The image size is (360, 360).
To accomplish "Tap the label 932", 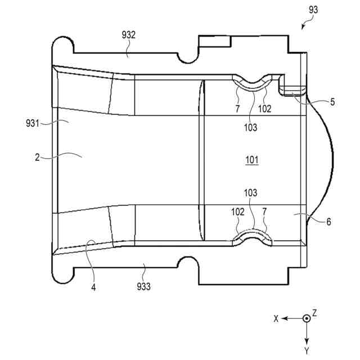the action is (128, 35).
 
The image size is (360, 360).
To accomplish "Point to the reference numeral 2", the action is (37, 158).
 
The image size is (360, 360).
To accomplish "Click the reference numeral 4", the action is (93, 287).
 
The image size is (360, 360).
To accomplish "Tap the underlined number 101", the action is (251, 160).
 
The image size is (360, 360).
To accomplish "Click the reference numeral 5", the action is (332, 102).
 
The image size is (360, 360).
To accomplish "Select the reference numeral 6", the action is (328, 221).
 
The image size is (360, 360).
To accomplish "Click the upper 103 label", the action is (251, 128).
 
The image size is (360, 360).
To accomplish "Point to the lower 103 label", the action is (251, 193).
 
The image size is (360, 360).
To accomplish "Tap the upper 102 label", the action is (265, 109).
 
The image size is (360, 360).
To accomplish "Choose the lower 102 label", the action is (238, 213).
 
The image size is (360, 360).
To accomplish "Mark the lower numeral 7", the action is (265, 213).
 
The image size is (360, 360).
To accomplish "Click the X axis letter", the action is (276, 318).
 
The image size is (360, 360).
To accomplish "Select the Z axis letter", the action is (315, 313).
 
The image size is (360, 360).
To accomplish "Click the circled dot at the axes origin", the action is (306, 318).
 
